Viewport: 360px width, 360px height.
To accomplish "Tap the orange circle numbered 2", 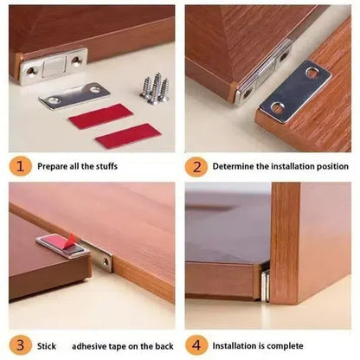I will (197, 165).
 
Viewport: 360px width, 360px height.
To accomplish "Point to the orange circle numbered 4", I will (197, 344).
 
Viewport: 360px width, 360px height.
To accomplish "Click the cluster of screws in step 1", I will (154, 87).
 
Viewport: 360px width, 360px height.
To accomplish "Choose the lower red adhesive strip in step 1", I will (127, 135).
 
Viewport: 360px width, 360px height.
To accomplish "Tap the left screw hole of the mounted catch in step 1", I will (32, 70).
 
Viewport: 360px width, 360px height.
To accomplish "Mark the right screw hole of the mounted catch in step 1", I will (76, 61).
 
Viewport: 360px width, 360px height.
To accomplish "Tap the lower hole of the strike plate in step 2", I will (278, 108).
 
